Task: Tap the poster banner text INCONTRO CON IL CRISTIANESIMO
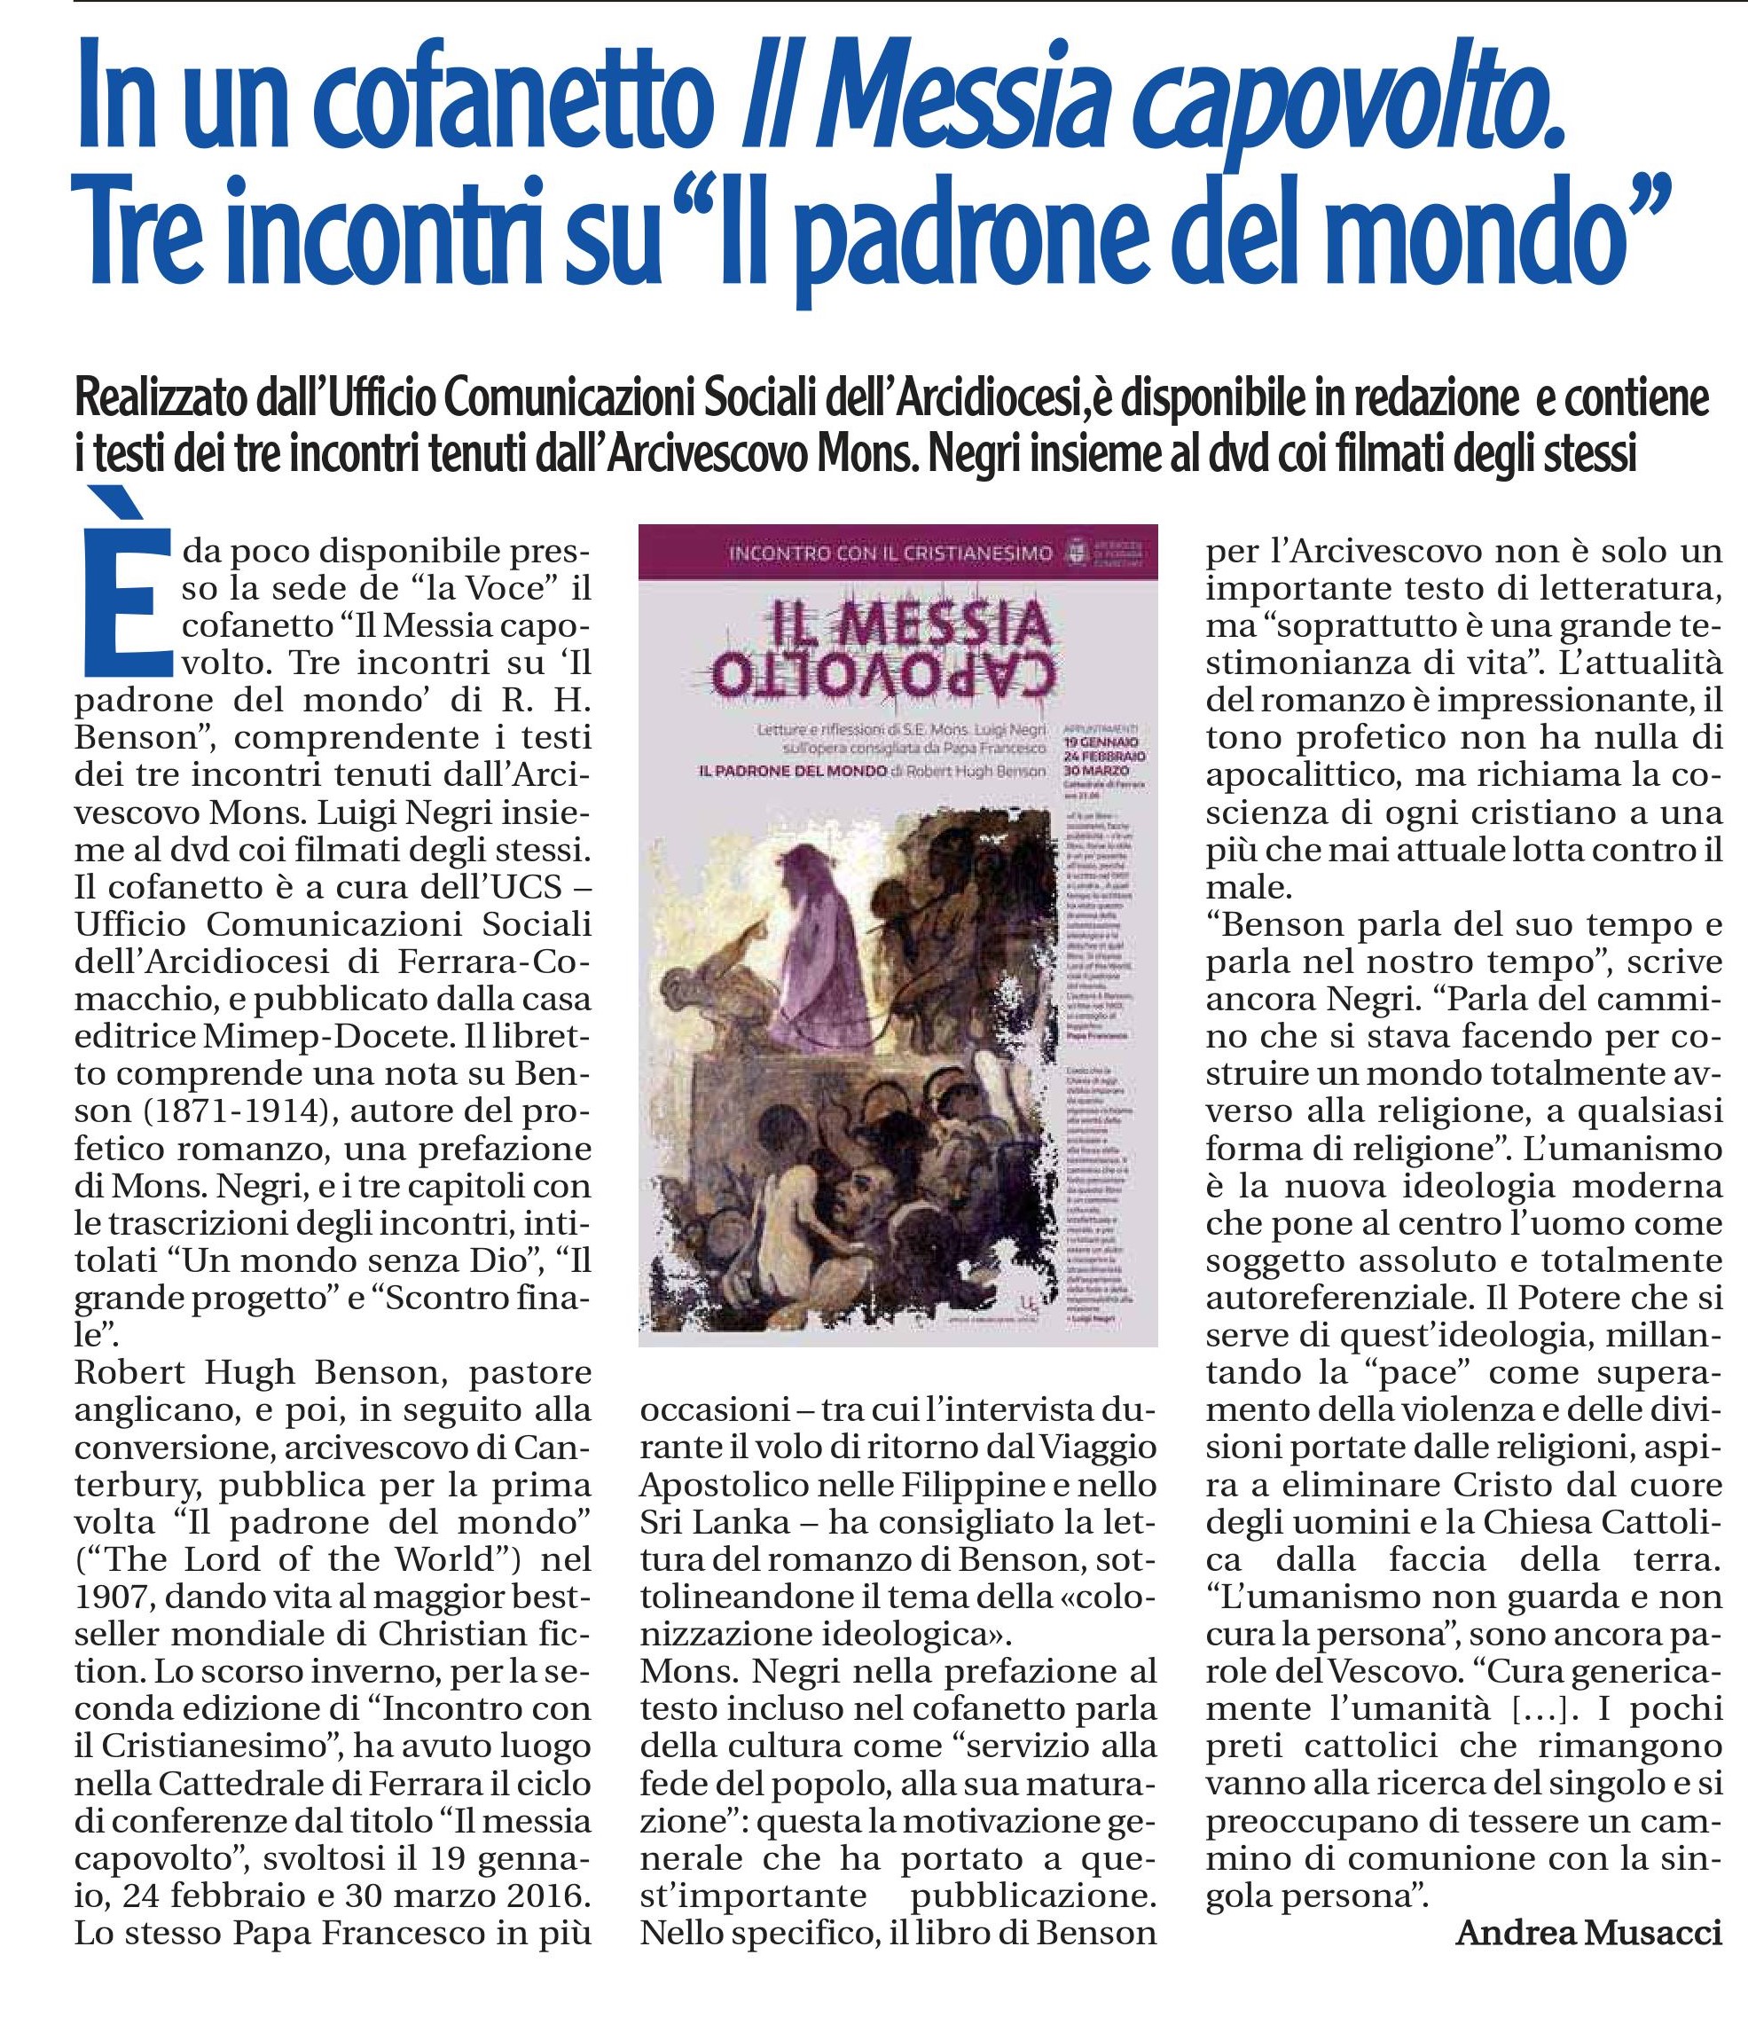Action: pos(890,554)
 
